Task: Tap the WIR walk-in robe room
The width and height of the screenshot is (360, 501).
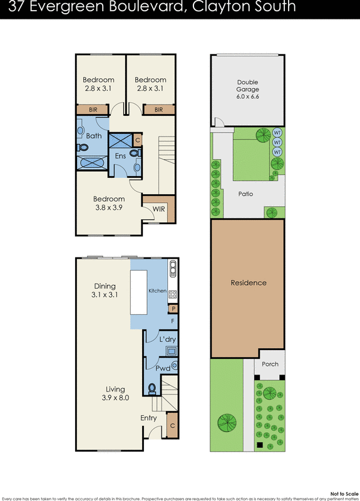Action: pos(159,209)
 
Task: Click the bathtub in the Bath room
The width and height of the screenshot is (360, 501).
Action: pos(93,163)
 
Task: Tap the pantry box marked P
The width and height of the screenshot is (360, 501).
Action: pos(172,309)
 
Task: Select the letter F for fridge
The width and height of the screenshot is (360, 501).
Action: pos(173,321)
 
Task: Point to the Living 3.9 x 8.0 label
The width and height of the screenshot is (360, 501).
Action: pos(115,393)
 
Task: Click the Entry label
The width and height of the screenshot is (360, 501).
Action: pos(148,418)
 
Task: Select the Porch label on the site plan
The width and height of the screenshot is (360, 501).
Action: pos(270,364)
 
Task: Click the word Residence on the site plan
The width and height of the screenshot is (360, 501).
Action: pos(248,283)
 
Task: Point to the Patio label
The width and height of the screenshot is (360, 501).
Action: pos(245,194)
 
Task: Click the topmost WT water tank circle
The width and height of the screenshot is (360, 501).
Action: pos(277,133)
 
